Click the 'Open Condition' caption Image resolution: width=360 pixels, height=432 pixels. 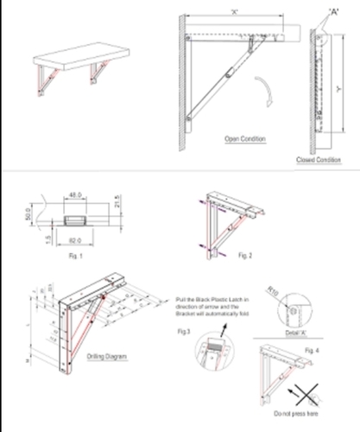244,138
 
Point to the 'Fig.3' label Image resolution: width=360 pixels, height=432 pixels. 181,331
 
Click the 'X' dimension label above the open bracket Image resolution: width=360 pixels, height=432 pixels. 235,12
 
